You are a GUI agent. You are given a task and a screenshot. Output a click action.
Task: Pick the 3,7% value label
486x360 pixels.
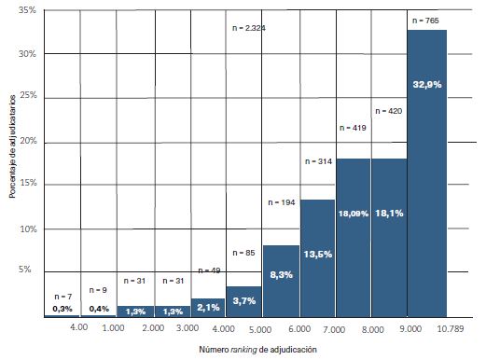(244, 301)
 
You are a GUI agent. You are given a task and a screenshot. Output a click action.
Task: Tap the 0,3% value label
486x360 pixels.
(62, 309)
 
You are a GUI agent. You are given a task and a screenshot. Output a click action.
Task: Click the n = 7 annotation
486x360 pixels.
(62, 296)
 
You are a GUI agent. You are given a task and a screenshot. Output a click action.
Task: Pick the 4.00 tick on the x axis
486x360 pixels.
(79, 329)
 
